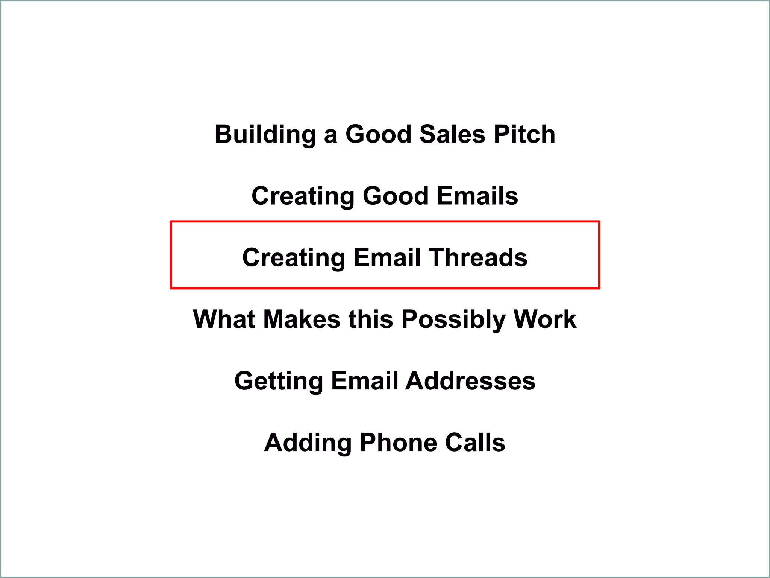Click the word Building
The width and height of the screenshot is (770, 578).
(265, 135)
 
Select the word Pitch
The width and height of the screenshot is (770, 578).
(524, 134)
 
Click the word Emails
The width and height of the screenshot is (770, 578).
(477, 196)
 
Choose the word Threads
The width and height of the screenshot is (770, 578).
(478, 258)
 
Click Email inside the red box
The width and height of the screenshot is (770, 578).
(387, 258)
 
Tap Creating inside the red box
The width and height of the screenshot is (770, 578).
(294, 258)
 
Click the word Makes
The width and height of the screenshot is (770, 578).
(302, 319)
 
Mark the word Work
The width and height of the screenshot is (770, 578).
(545, 319)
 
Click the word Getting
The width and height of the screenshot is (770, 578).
(279, 381)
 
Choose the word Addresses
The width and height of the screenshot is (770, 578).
(470, 381)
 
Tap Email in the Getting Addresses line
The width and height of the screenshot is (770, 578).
(364, 381)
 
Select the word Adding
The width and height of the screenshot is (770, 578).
(308, 443)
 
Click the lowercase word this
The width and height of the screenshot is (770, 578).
(371, 319)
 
